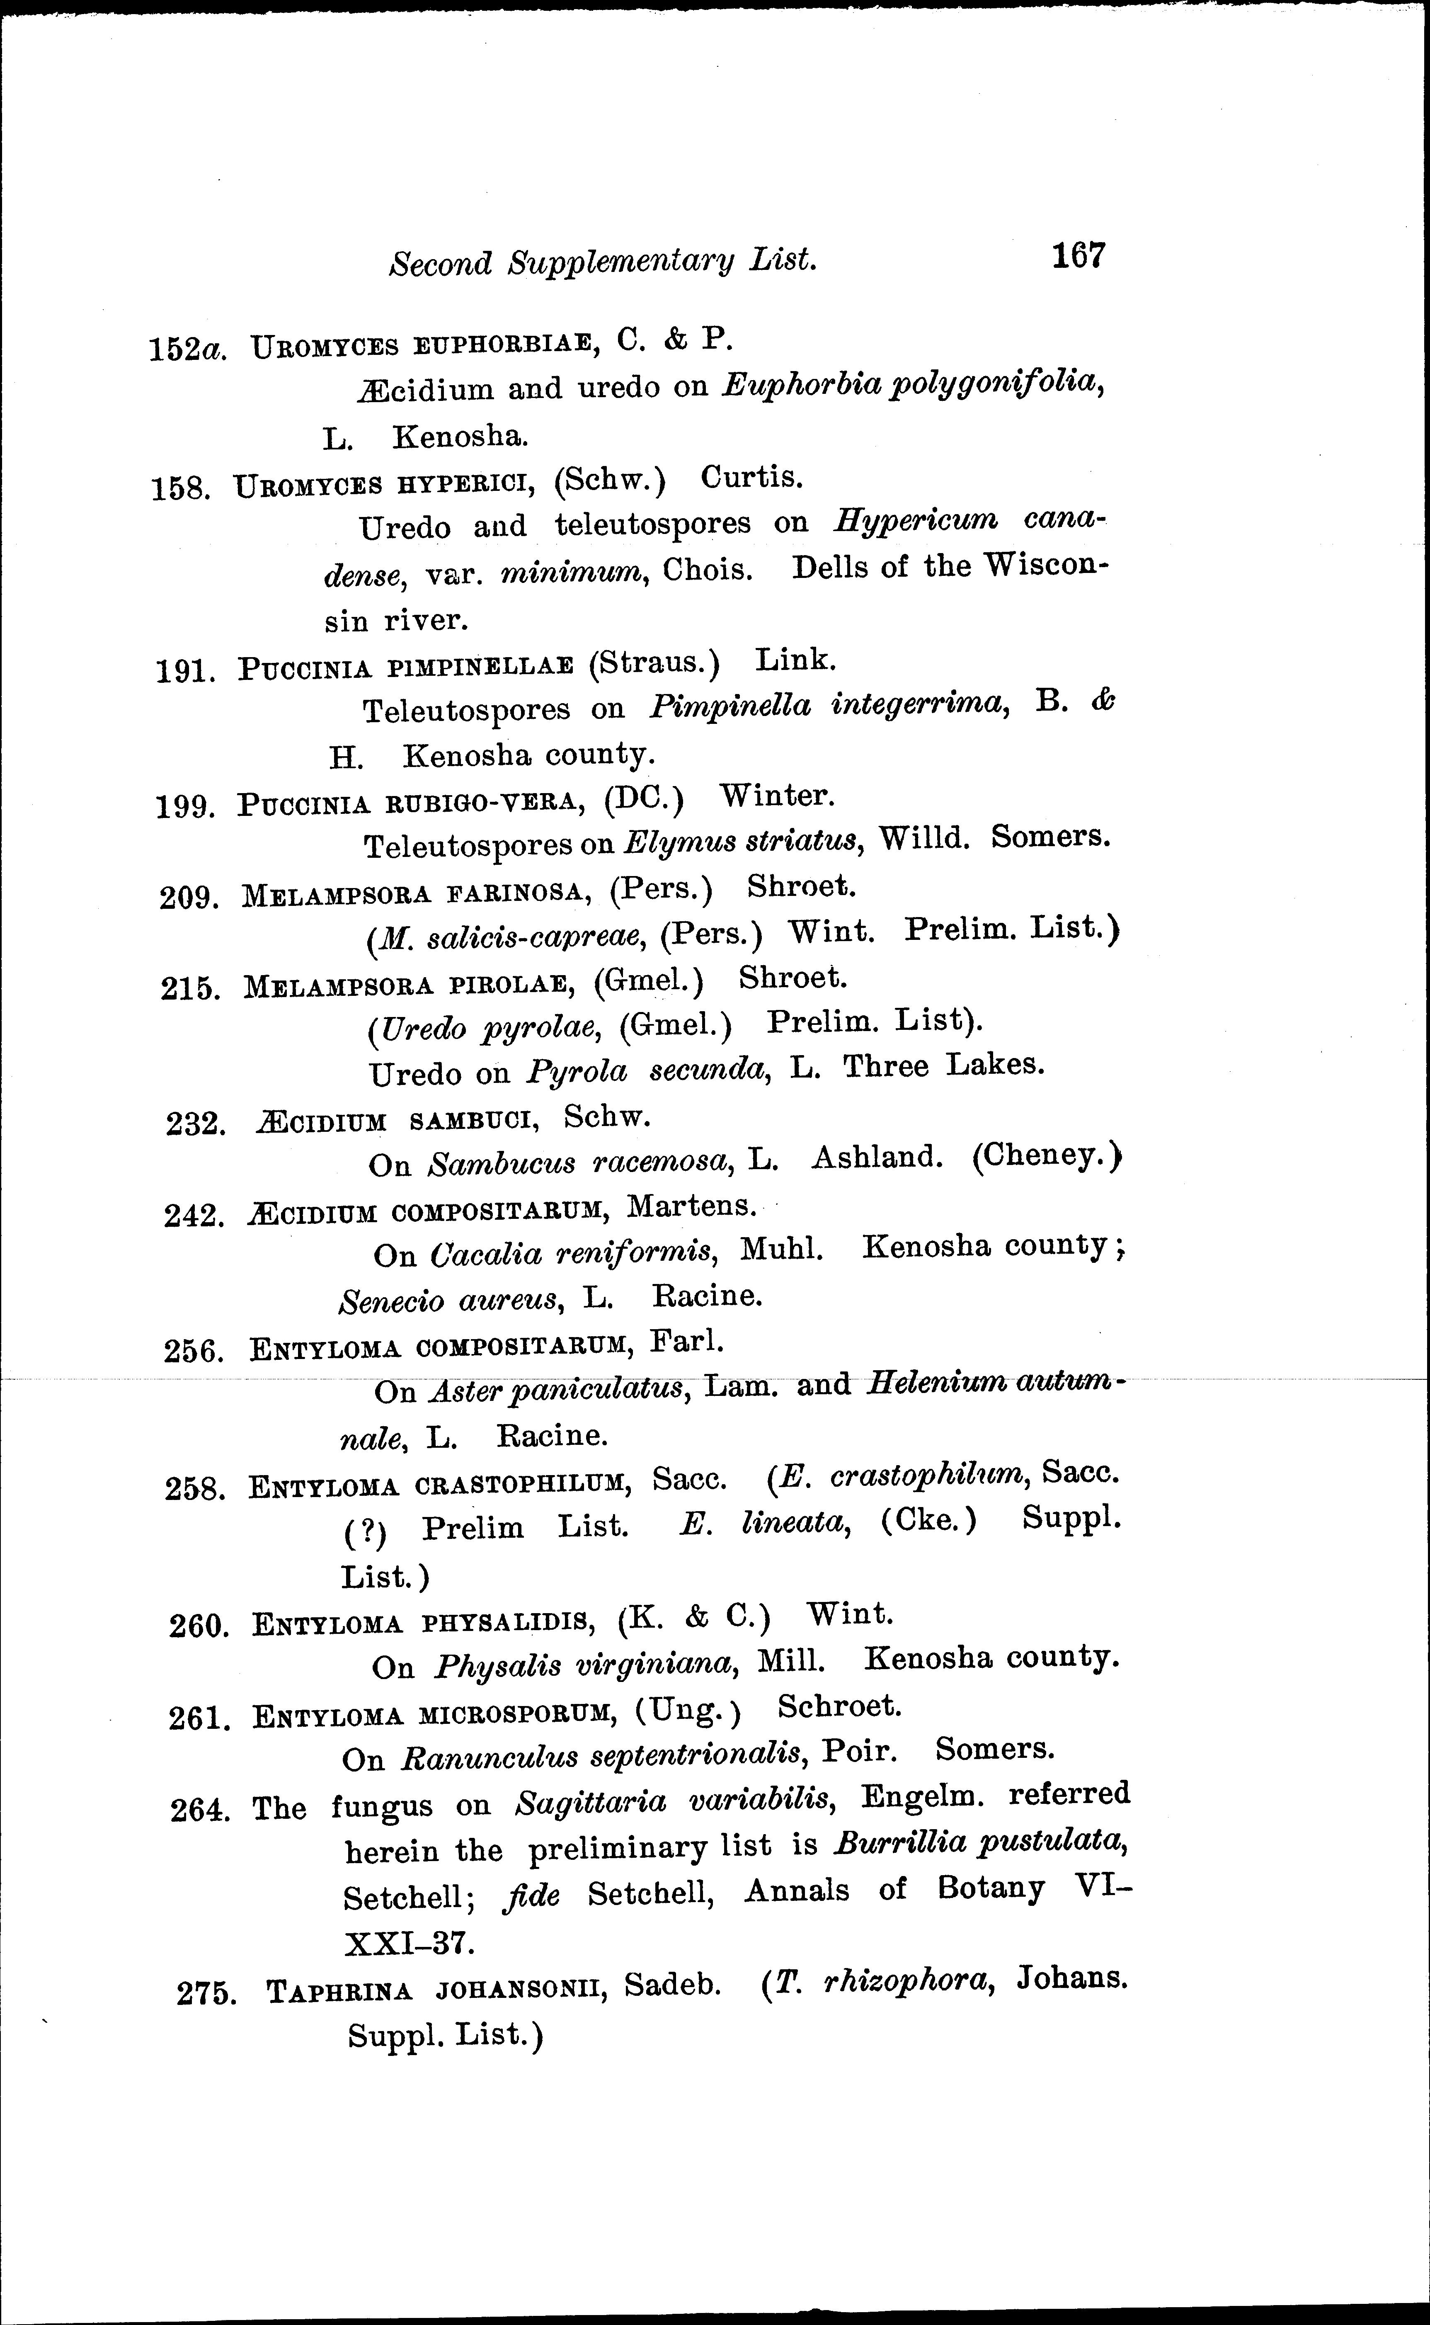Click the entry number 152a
187,349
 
